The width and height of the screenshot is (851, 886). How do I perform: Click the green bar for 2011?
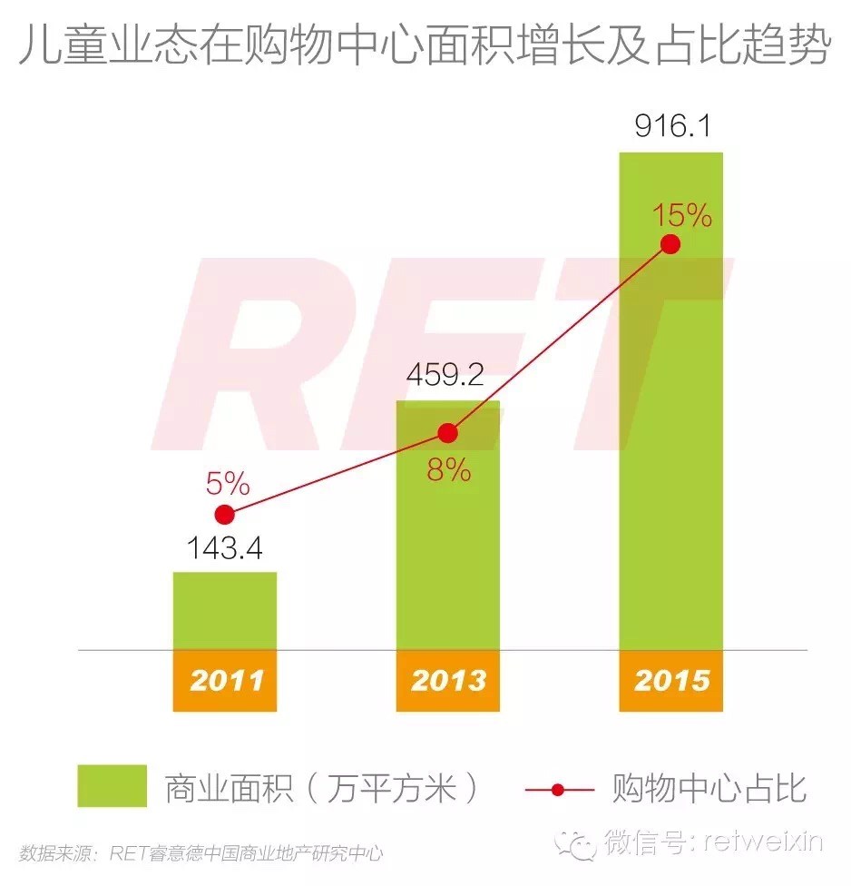pos(224,610)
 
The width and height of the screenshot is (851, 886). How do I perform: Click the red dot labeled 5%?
pos(225,515)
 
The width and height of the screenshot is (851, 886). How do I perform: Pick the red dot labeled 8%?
pos(447,433)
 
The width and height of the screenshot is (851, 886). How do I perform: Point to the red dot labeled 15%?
pos(670,244)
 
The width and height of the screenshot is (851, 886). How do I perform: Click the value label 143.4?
pos(224,549)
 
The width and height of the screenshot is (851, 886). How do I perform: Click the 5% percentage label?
pos(227,483)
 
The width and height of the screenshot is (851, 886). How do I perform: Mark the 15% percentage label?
pos(681,215)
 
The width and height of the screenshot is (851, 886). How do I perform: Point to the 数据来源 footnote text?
pos(201,853)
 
